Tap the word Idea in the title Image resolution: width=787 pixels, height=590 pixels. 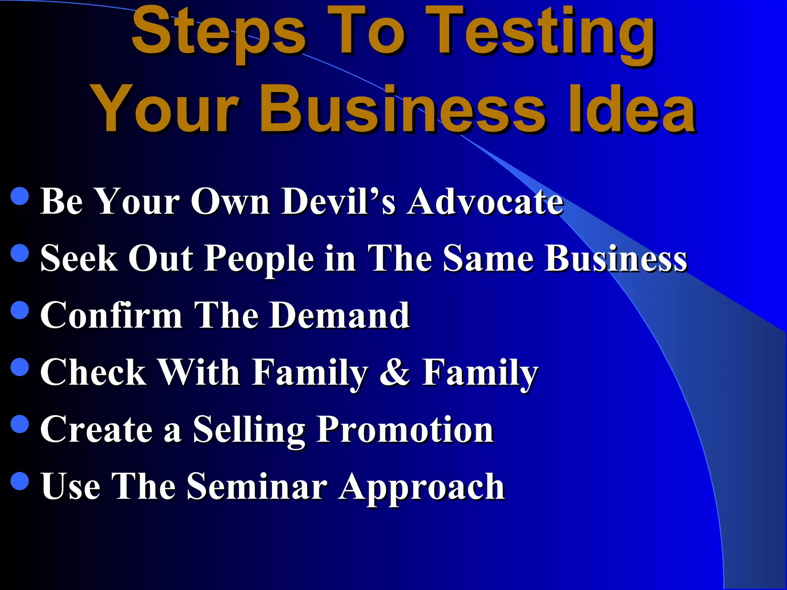(x=632, y=109)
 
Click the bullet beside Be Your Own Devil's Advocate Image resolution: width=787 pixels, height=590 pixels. (x=20, y=196)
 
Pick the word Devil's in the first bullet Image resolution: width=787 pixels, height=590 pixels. (x=338, y=201)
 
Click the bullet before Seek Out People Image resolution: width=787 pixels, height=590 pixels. (x=20, y=253)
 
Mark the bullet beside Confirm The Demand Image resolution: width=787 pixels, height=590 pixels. (x=20, y=310)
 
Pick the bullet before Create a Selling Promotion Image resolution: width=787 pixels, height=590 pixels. (x=20, y=424)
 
